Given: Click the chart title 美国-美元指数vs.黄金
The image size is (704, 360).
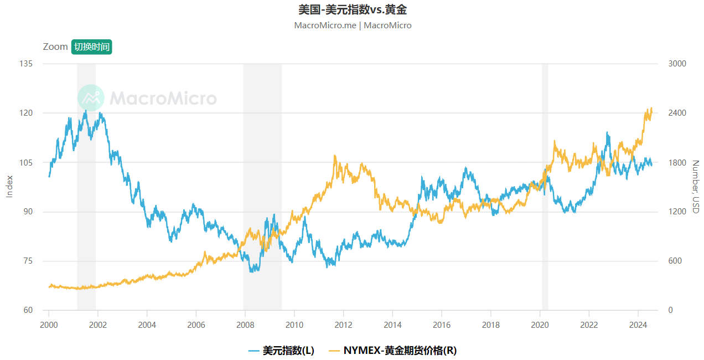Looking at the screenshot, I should pos(352,9).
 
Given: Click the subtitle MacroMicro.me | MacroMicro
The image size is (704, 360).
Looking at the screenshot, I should pos(352,25).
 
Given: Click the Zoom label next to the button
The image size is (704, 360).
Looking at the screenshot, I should pos(55,47).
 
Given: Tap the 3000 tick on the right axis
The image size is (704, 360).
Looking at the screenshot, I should pos(677,64).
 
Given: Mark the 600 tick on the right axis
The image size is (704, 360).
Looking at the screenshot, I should pos(675,261).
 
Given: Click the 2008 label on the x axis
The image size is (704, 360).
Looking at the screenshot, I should pos(245,325).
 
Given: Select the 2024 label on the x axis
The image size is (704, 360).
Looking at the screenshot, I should pos(638,325).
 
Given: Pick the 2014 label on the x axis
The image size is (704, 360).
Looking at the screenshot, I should pos(392,325).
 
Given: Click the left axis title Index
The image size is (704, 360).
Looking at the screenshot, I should pos(9,187).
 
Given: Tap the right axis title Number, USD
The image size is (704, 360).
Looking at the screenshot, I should pos(696,187).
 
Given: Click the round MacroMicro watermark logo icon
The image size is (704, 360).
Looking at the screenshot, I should pos(91,98).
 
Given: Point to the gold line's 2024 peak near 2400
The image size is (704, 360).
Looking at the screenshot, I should pos(651,108).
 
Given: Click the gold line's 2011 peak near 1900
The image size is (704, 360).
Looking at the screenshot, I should pos(335,156).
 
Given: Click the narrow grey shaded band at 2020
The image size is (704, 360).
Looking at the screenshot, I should pos(545,187).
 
